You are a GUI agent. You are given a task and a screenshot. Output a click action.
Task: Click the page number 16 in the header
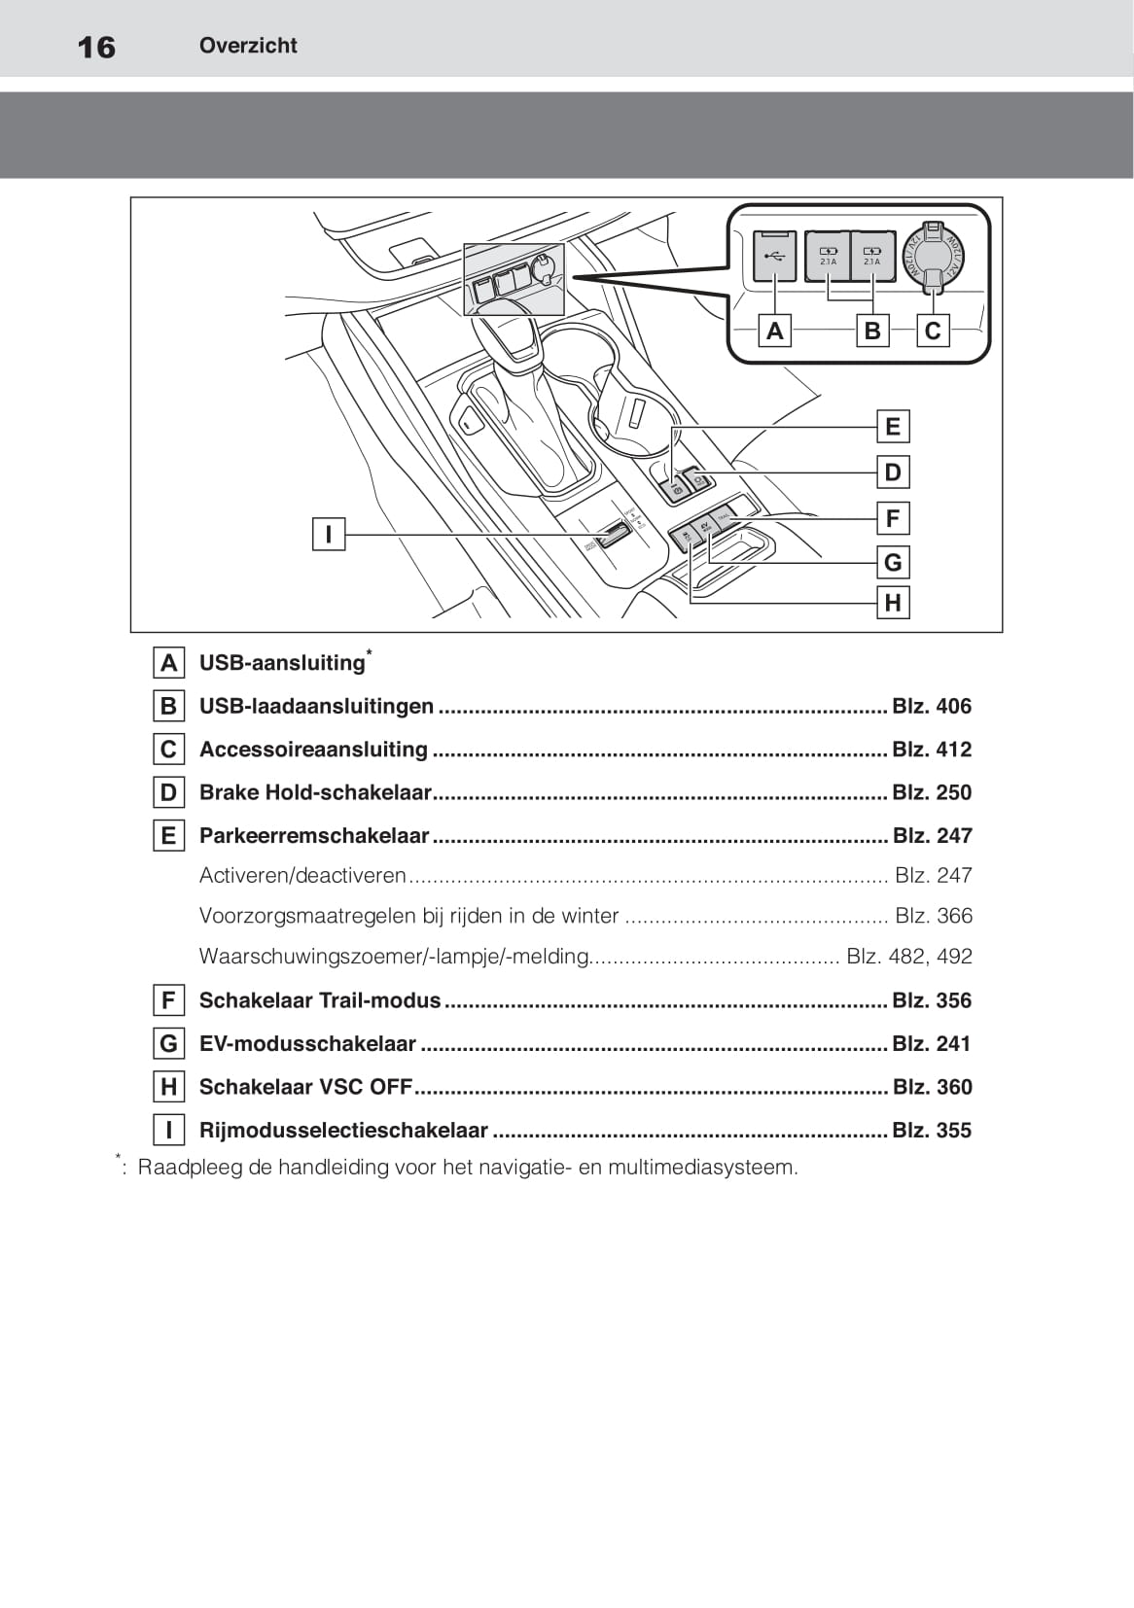pos(96,47)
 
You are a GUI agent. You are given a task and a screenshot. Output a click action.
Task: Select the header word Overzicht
pos(248,46)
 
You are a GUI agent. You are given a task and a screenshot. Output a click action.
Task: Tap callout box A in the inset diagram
pos(774,332)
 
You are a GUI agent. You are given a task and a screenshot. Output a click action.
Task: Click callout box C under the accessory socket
pos(933,332)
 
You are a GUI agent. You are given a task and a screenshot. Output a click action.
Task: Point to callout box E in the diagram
pos(892,427)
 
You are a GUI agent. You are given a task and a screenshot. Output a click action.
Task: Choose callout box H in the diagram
pos(892,604)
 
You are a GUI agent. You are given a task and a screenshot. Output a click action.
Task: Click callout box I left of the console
pos(329,534)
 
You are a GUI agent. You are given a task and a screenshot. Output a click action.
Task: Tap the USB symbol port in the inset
pos(774,257)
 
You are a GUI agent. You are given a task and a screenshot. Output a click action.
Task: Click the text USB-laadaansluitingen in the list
pos(316,707)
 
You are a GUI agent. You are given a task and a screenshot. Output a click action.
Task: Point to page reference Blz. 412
pos(932,750)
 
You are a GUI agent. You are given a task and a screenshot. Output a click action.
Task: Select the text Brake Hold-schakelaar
pos(315,792)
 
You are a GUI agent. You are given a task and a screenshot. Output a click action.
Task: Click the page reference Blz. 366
pos(933,916)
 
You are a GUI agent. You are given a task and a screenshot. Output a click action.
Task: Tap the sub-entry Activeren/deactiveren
pos(302,876)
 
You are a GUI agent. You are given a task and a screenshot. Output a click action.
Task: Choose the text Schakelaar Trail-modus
pos(320,1000)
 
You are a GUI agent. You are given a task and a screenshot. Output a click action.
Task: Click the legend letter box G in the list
pos(168,1044)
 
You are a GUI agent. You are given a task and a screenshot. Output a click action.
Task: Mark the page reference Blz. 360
pos(932,1087)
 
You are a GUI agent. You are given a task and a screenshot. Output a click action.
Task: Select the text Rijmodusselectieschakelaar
pos(343,1131)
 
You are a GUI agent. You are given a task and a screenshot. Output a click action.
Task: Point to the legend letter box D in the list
pos(168,793)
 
